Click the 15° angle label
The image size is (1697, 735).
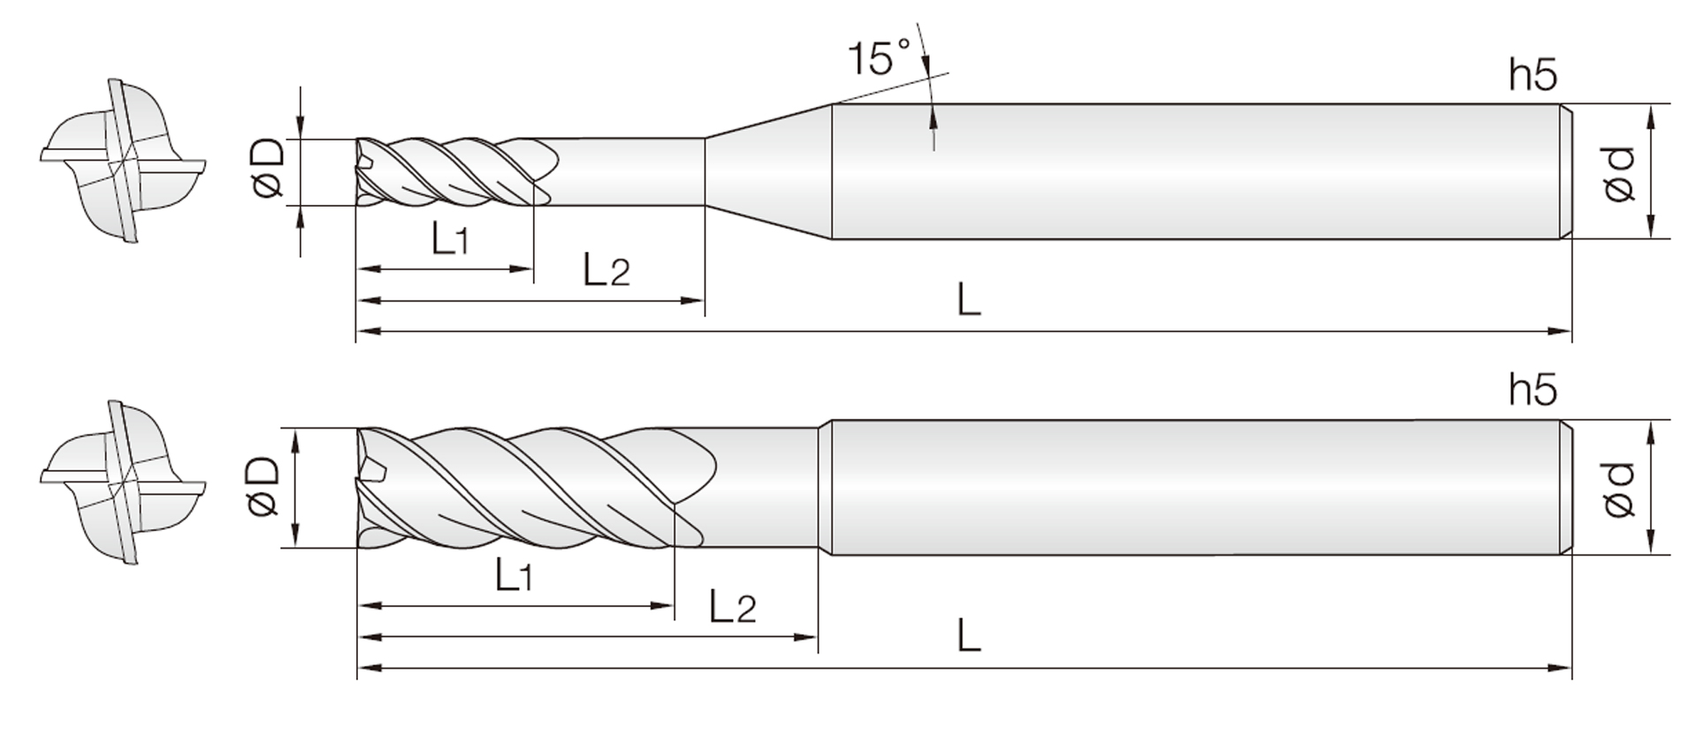click(x=879, y=57)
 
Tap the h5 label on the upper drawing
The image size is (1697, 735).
click(x=1533, y=75)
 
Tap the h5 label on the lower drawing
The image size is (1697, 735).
click(x=1533, y=389)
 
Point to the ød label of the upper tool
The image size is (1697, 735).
click(x=1619, y=174)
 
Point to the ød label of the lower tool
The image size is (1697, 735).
click(x=1619, y=489)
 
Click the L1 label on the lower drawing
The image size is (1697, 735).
click(x=514, y=576)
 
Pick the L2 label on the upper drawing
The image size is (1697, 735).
click(x=606, y=269)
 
